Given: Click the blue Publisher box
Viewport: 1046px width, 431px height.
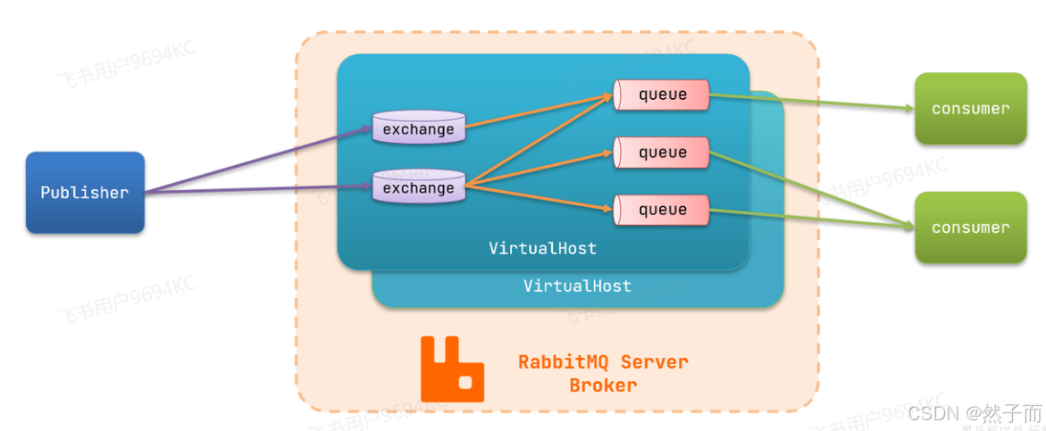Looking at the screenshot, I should (x=85, y=193).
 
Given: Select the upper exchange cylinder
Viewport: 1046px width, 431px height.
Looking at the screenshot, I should (x=418, y=128).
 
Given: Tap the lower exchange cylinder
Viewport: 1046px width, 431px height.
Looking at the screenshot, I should (x=418, y=187).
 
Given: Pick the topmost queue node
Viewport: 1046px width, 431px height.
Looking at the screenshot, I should (x=662, y=95).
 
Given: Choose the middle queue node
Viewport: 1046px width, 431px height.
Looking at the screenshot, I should (x=662, y=153).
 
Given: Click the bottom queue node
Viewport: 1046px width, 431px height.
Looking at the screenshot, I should (x=662, y=210).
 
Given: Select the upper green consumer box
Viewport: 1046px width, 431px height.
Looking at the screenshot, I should (x=970, y=109).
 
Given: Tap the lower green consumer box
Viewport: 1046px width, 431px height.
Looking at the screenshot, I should (x=970, y=228).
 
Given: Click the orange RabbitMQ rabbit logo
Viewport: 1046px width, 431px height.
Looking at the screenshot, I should (x=452, y=369).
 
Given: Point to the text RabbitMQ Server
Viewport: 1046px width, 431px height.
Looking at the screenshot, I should (x=603, y=362).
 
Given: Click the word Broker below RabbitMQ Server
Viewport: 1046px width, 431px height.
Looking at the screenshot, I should (x=603, y=385).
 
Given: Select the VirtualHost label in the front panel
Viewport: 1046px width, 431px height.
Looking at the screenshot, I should (x=542, y=248).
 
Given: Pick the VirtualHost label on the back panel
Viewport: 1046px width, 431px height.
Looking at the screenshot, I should (x=577, y=286).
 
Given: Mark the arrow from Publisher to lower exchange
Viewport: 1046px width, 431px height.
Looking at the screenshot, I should (x=259, y=189).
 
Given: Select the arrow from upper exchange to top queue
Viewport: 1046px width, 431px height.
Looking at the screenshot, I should (x=540, y=111).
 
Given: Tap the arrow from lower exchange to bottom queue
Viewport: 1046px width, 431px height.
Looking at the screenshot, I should (x=540, y=197).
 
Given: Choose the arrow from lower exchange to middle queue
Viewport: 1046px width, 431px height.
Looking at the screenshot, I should (x=540, y=169).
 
